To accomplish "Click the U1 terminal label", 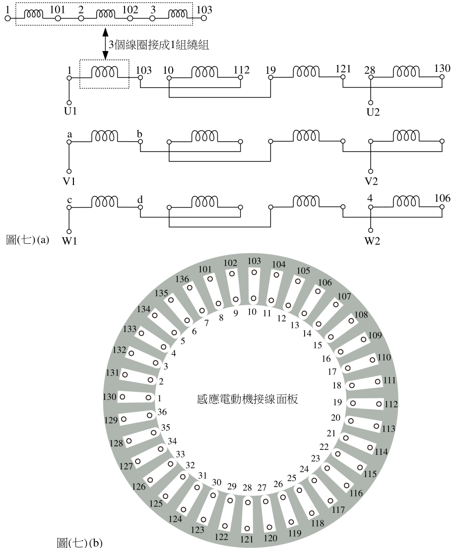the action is (70, 111).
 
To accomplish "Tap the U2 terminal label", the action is (373, 112).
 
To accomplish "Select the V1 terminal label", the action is (69, 181).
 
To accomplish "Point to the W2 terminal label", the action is (372, 241).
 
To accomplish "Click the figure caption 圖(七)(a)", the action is (28, 240).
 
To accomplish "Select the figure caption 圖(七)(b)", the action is (80, 543).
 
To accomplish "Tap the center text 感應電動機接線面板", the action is (248, 399).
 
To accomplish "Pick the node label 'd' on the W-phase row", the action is (140, 200).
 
